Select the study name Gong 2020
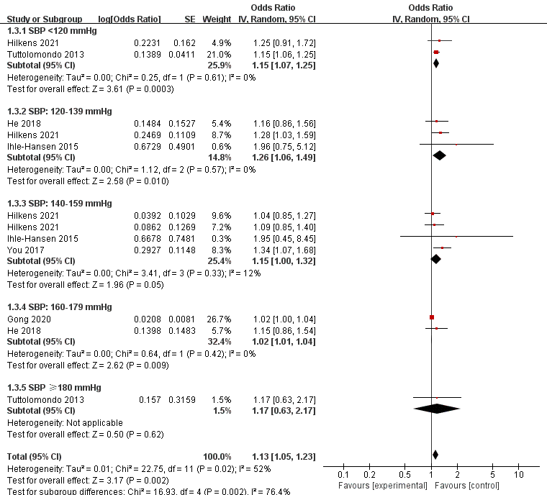[x=27, y=317]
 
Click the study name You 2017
[x=24, y=249]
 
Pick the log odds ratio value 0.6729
[x=148, y=145]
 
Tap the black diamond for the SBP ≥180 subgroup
[x=436, y=409]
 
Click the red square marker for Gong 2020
[x=432, y=317]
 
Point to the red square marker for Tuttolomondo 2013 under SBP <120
[x=436, y=53]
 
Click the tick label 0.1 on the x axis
[x=343, y=476]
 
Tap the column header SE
[x=189, y=17]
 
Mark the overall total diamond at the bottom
[x=435, y=454]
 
